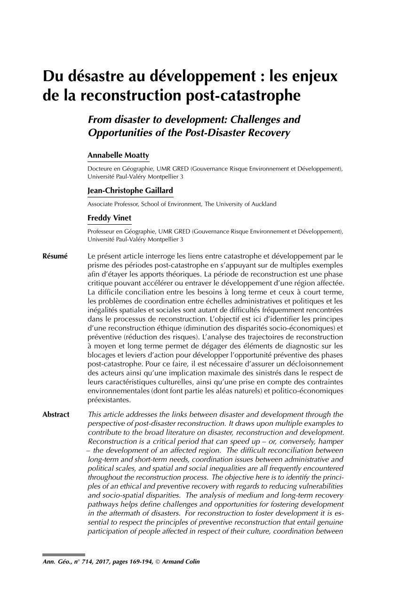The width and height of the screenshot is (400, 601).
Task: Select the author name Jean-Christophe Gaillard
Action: (x=130, y=190)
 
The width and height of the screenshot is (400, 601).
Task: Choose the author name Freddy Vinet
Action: (x=109, y=219)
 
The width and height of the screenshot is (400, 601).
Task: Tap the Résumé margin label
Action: (x=55, y=257)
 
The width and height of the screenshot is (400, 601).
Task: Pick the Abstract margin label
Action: (x=56, y=415)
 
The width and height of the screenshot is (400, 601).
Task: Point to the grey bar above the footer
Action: (x=64, y=554)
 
